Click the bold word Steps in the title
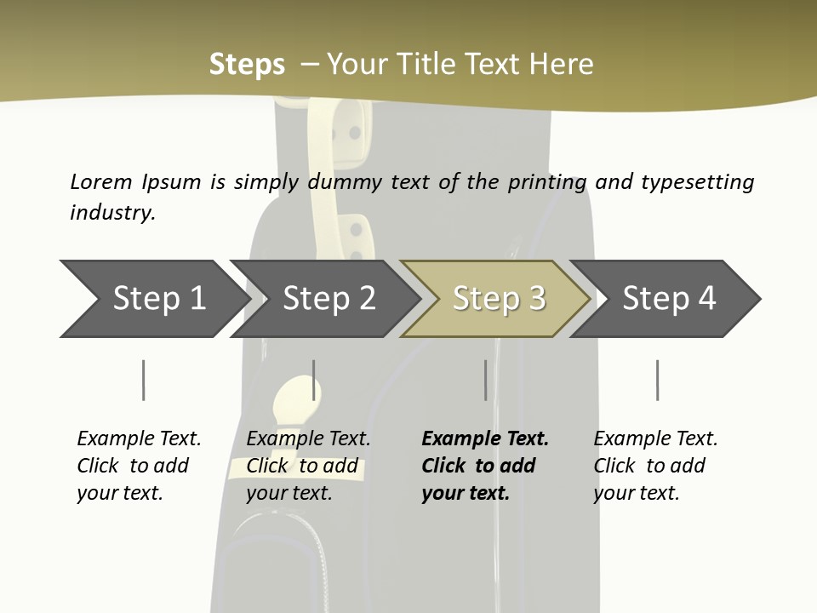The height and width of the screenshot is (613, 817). pyautogui.click(x=247, y=65)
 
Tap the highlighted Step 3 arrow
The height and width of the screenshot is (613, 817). pyautogui.click(x=499, y=298)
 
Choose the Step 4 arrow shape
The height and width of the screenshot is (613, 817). pyautogui.click(x=669, y=298)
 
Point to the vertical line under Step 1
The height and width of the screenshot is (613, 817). pyautogui.click(x=144, y=380)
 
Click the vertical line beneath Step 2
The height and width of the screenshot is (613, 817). pyautogui.click(x=314, y=380)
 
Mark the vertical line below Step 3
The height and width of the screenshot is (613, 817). pyautogui.click(x=486, y=380)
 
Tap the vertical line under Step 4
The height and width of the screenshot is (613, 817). pyautogui.click(x=658, y=380)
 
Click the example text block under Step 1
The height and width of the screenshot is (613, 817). pyautogui.click(x=139, y=466)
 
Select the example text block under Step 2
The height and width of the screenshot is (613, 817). pyautogui.click(x=308, y=466)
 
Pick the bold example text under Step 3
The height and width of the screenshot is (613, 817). pyautogui.click(x=485, y=466)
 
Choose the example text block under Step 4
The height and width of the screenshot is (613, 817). pyautogui.click(x=655, y=466)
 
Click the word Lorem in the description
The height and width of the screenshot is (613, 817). pyautogui.click(x=101, y=181)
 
